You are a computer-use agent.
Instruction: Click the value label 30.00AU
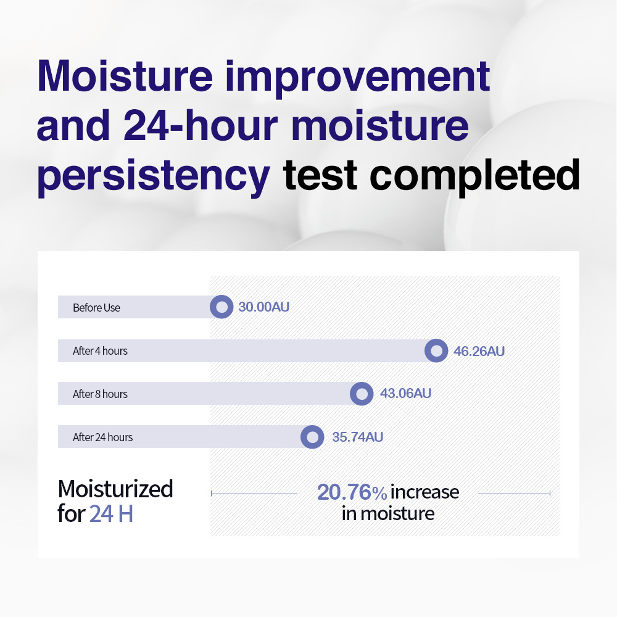coord(264,307)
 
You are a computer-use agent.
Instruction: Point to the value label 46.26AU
coord(479,351)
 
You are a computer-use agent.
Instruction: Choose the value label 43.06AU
coord(406,393)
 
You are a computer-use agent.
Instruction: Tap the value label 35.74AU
coord(358,437)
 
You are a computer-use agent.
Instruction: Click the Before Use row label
coord(96,308)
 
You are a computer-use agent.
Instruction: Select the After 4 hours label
coord(100,350)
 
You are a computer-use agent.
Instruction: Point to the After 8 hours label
coord(100,394)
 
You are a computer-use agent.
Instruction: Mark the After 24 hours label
coord(102,437)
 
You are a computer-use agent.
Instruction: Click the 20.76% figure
coord(352,492)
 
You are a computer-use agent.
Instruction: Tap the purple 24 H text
coord(111,513)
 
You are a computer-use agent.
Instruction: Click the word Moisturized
coord(115,489)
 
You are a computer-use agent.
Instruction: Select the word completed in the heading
coord(475,176)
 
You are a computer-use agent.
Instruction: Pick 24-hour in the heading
coord(201,125)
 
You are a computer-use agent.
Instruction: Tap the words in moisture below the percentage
coord(388,513)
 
